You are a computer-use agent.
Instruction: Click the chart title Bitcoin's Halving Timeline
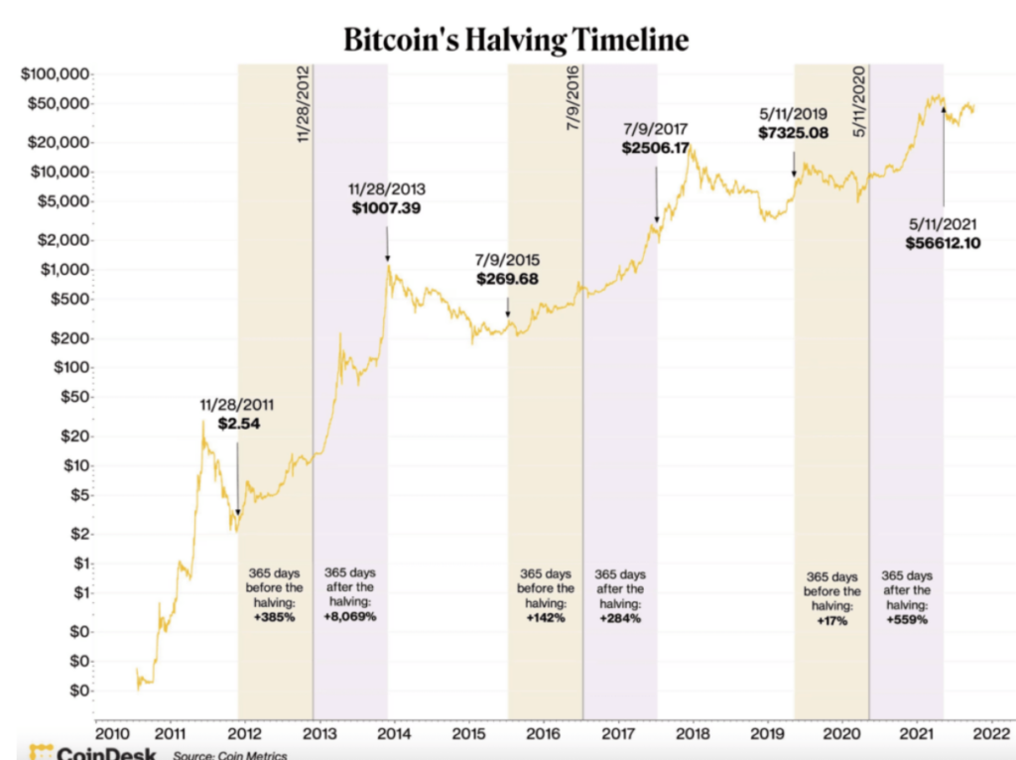(515, 40)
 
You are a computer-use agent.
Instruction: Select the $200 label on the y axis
(69, 338)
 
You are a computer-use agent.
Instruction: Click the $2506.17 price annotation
(655, 148)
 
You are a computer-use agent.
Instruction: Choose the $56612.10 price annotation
(943, 242)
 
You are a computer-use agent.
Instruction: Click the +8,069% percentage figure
(350, 617)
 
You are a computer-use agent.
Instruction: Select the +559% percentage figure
(907, 621)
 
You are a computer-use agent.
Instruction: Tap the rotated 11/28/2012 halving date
(304, 105)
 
